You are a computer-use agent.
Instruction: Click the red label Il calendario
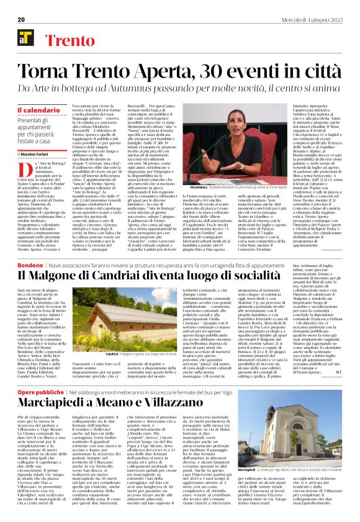tap(34, 110)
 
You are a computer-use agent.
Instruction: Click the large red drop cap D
tap(22, 169)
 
